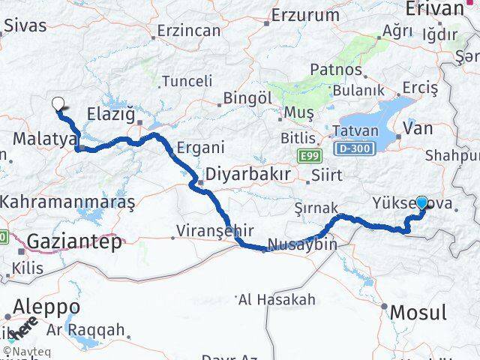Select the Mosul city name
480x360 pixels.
(419, 312)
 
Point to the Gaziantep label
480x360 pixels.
(74, 241)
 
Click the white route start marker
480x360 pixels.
(57, 105)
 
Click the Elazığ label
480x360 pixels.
(111, 115)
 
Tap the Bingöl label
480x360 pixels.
(247, 97)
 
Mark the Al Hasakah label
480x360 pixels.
(277, 300)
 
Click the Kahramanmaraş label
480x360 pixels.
(67, 202)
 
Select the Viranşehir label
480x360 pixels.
(214, 230)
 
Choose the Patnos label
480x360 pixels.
(337, 70)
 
